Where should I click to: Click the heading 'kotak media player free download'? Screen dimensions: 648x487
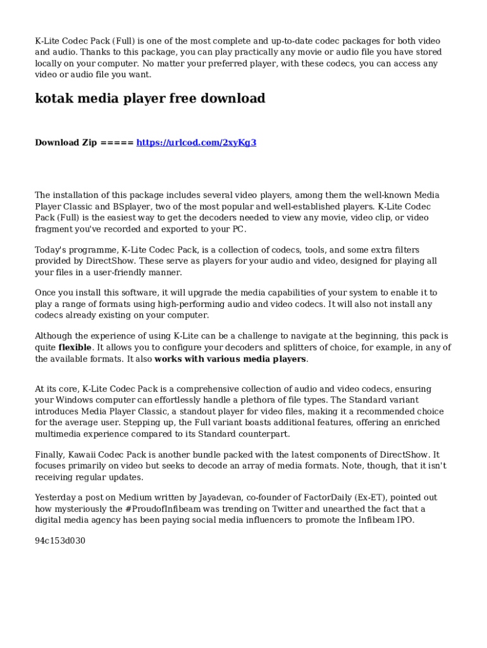[x=150, y=99]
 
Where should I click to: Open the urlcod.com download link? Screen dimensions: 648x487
[x=196, y=142]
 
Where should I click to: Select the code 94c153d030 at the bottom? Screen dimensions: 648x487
[x=59, y=541]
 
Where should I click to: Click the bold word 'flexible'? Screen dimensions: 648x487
[x=75, y=347]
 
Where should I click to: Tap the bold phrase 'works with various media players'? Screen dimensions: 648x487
[x=230, y=359]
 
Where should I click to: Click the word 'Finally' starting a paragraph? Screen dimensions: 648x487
[x=49, y=454]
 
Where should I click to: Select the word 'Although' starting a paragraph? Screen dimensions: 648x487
[x=54, y=336]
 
